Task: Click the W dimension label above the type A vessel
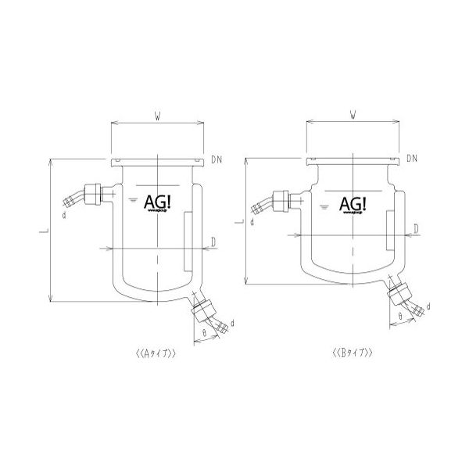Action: click(158, 117)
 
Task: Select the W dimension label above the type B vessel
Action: click(353, 117)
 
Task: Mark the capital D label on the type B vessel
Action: click(417, 227)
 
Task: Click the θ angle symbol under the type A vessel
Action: click(204, 332)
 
